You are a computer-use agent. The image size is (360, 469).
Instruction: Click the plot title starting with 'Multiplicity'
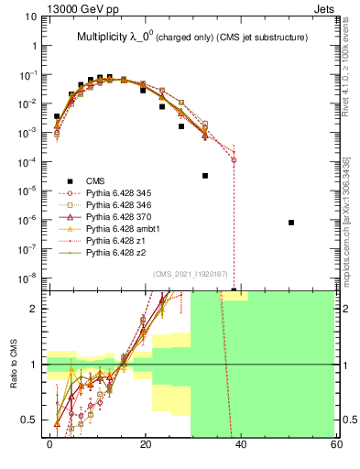point(191,37)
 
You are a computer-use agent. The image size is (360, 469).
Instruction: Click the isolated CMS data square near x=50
point(290,223)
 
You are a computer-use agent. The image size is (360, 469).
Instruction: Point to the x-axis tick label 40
point(240,444)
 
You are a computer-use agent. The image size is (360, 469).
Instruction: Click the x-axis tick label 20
point(145,444)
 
